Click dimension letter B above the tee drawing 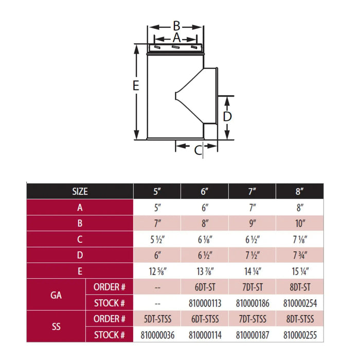(x=176, y=26)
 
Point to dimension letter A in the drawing (x=176, y=38)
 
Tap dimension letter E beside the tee (x=136, y=86)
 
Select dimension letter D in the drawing (x=227, y=116)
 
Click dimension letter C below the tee (x=198, y=150)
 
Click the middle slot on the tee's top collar (x=175, y=47)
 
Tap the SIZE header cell (x=80, y=191)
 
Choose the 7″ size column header (x=252, y=191)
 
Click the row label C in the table (x=80, y=240)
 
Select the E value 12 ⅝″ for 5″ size (x=157, y=272)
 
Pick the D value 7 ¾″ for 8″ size (x=300, y=255)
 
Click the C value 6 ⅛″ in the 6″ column (x=205, y=240)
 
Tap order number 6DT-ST (x=205, y=287)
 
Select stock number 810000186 (x=253, y=303)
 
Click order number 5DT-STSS (x=157, y=319)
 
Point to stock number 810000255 (x=300, y=335)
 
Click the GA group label (x=56, y=295)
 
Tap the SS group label (x=56, y=327)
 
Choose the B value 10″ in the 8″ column (x=300, y=223)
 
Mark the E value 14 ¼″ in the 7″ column (x=253, y=272)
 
